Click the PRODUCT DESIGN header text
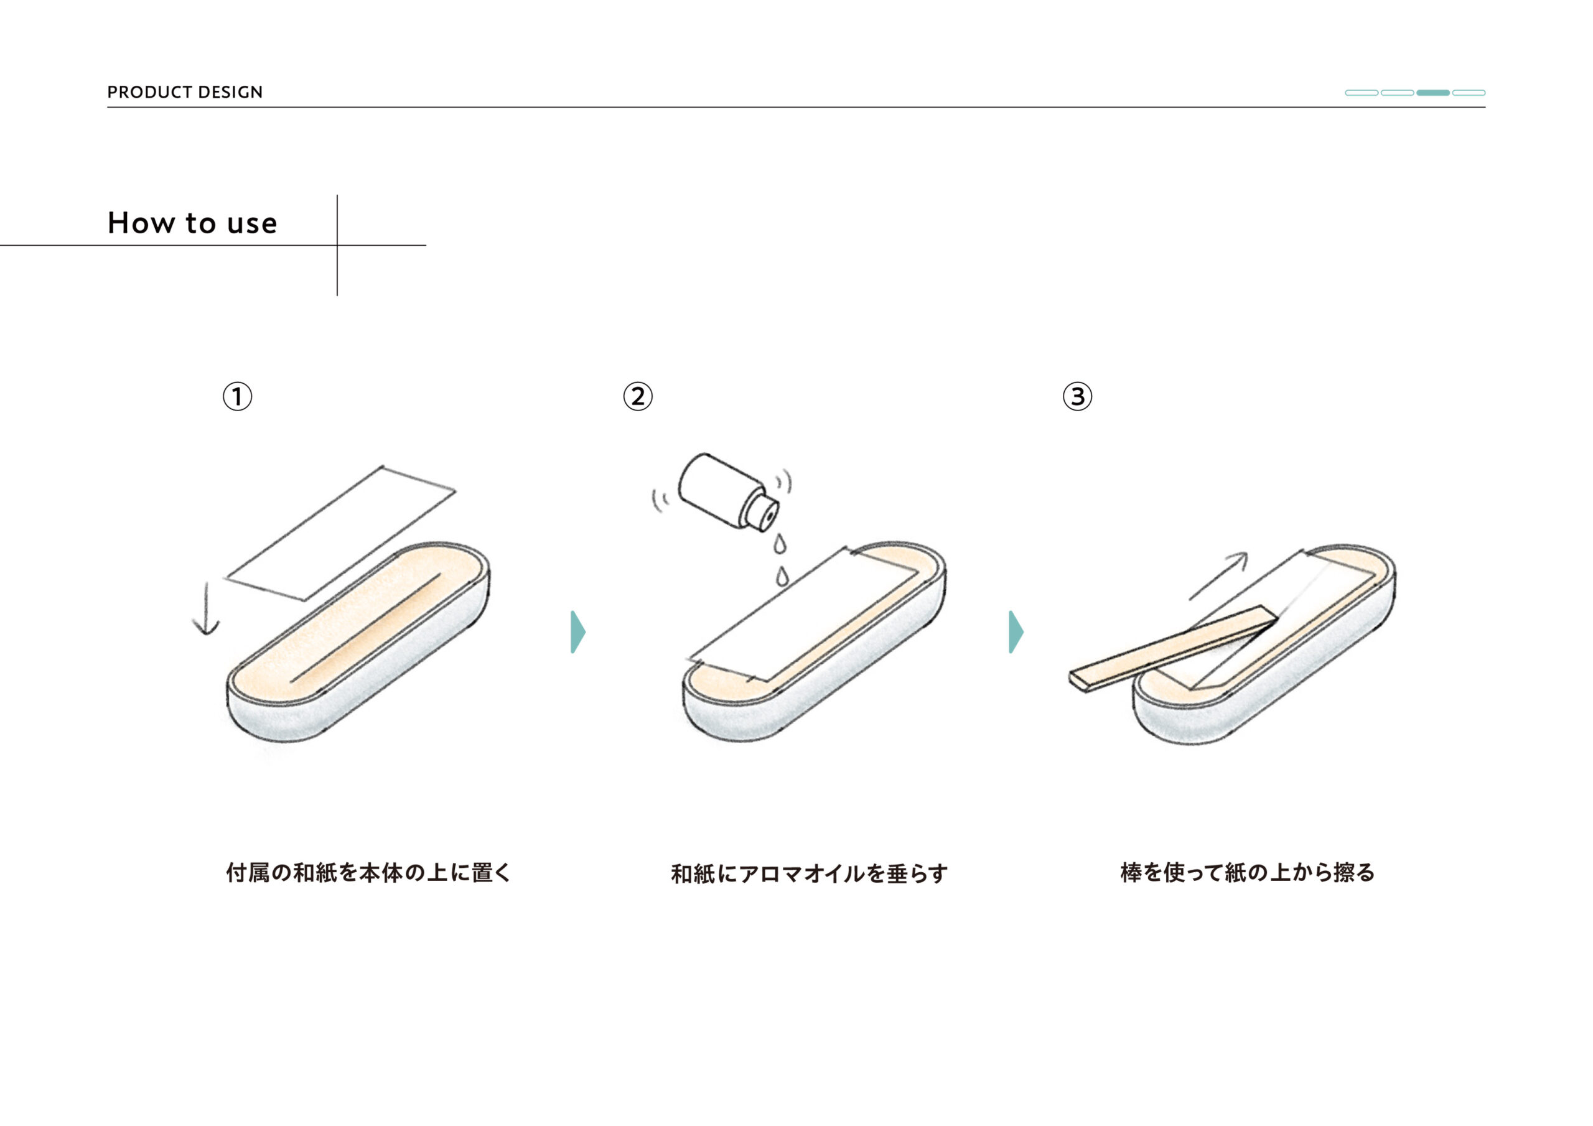click(x=185, y=92)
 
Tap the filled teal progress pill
click(x=1432, y=92)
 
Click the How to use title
click(x=192, y=223)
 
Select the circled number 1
click(x=237, y=397)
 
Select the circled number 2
click(x=638, y=397)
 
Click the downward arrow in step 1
click(x=206, y=610)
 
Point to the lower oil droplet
click(x=782, y=575)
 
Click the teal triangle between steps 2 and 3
click(x=1015, y=632)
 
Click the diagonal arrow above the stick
click(x=1218, y=576)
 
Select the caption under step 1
click(x=368, y=872)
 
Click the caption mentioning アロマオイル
click(x=809, y=873)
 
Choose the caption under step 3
click(x=1248, y=872)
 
